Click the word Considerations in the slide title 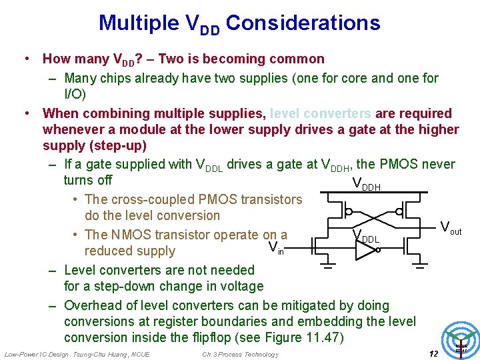click(x=303, y=23)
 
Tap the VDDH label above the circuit click(x=366, y=184)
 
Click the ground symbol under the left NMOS click(x=329, y=268)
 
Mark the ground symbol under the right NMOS click(x=420, y=268)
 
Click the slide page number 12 click(x=433, y=353)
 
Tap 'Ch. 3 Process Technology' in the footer click(x=240, y=354)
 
